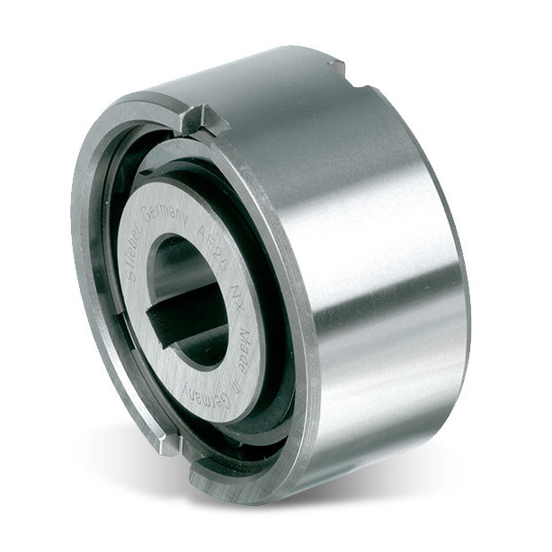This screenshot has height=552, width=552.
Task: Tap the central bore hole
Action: point(193,297)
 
